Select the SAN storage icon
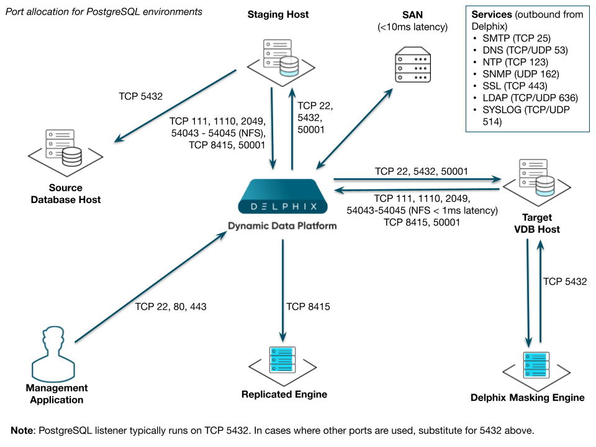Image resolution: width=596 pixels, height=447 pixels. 413,66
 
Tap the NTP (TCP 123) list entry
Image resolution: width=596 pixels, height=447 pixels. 515,62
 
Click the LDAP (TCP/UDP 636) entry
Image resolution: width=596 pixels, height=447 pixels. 530,97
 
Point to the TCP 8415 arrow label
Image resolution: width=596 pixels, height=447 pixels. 308,307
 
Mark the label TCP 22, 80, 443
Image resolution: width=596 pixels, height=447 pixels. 171,307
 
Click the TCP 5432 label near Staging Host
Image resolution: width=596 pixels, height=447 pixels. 140,97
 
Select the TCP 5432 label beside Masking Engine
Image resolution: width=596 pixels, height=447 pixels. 564,281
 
